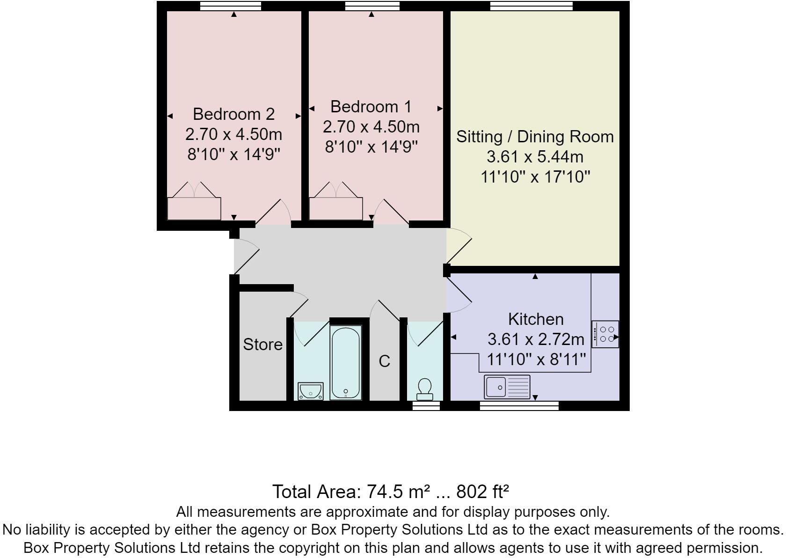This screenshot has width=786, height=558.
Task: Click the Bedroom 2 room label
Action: click(x=233, y=114)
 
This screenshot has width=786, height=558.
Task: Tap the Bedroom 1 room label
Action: click(x=371, y=107)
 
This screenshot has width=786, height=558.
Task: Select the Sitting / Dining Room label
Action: click(x=535, y=137)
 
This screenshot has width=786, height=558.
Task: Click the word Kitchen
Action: click(x=536, y=319)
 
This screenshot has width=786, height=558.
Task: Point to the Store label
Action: click(x=262, y=345)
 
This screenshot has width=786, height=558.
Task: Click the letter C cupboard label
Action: click(x=384, y=361)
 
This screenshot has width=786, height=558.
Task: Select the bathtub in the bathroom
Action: click(x=345, y=363)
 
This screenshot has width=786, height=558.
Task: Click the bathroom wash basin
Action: click(x=311, y=391)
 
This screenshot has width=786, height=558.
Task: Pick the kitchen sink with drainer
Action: click(x=507, y=387)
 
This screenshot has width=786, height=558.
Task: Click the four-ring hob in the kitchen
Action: click(x=605, y=334)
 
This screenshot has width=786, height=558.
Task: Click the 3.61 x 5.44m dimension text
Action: click(x=535, y=157)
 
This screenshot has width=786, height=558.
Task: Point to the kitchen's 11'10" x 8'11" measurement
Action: click(x=536, y=360)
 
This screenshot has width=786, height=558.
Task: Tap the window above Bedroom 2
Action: click(x=230, y=6)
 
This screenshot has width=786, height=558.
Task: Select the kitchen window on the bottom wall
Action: click(x=519, y=405)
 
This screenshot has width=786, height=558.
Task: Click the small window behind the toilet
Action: click(x=426, y=405)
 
